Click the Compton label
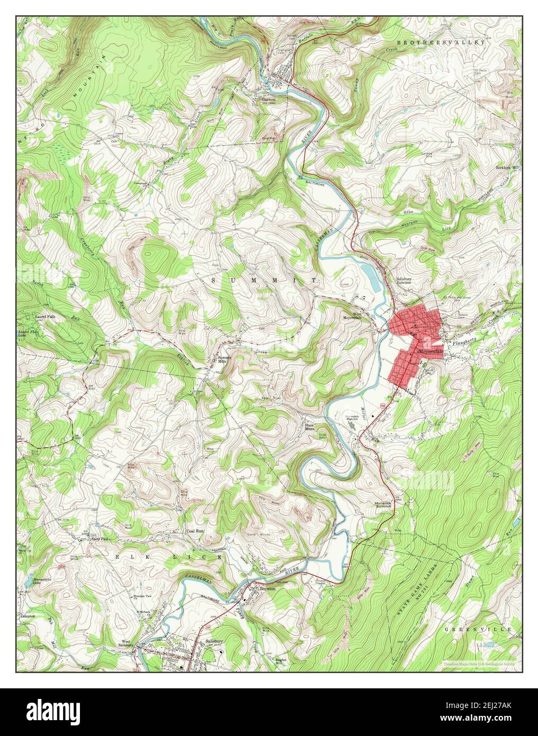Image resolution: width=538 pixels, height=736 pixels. (28, 616)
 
